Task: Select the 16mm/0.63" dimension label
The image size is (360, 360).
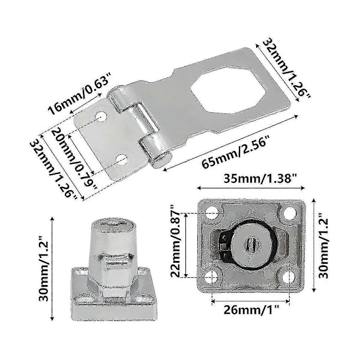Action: (79, 94)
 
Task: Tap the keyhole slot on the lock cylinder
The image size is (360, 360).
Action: (252, 246)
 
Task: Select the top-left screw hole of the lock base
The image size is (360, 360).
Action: (212, 212)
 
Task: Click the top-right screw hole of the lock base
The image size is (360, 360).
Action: (290, 213)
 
